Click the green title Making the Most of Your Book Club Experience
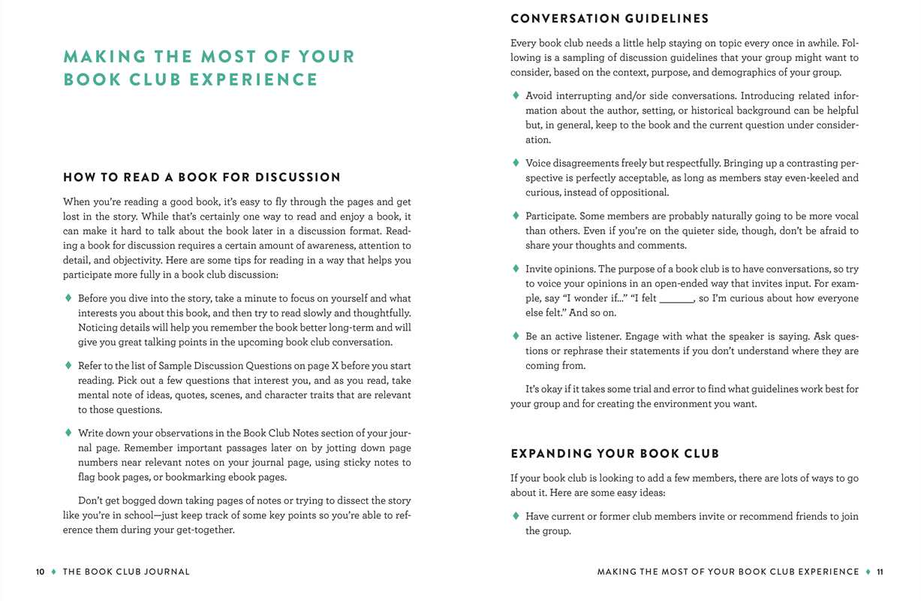[x=209, y=68]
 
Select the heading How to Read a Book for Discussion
[x=202, y=177]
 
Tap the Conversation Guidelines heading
[x=609, y=19]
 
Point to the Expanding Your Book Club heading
[x=615, y=454]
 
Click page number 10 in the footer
[x=41, y=572]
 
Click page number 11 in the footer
[x=880, y=572]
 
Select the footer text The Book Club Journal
[x=126, y=572]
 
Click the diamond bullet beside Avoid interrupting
[x=516, y=95]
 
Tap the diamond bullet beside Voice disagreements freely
[x=516, y=163]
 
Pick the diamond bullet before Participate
[x=516, y=216]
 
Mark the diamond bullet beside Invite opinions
[x=516, y=268]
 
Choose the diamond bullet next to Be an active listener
[x=516, y=336]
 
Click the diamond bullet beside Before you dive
[x=68, y=298]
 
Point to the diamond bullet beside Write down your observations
[x=68, y=433]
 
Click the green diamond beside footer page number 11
[x=868, y=572]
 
